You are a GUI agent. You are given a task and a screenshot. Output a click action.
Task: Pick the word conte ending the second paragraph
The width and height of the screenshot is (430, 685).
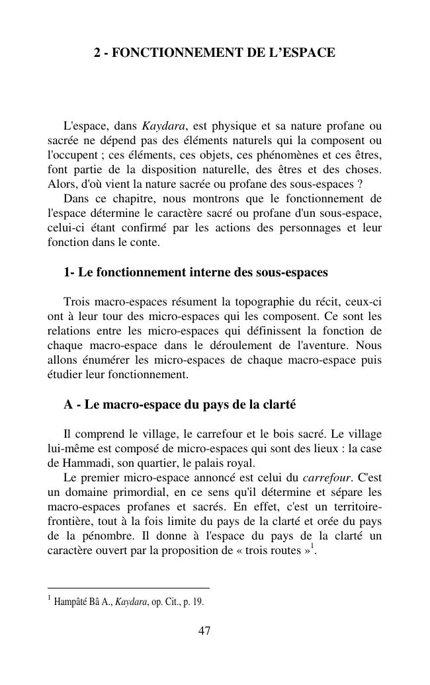click(145, 242)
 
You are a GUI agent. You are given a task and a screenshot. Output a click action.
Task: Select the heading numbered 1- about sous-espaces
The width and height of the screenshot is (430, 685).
click(195, 272)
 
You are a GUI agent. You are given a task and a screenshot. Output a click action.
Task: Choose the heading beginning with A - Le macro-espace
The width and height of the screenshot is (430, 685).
click(179, 405)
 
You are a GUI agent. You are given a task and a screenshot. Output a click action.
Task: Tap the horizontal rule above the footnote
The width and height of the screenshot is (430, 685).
click(128, 587)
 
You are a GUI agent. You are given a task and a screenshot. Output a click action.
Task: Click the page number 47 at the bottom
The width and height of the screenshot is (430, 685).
click(204, 631)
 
